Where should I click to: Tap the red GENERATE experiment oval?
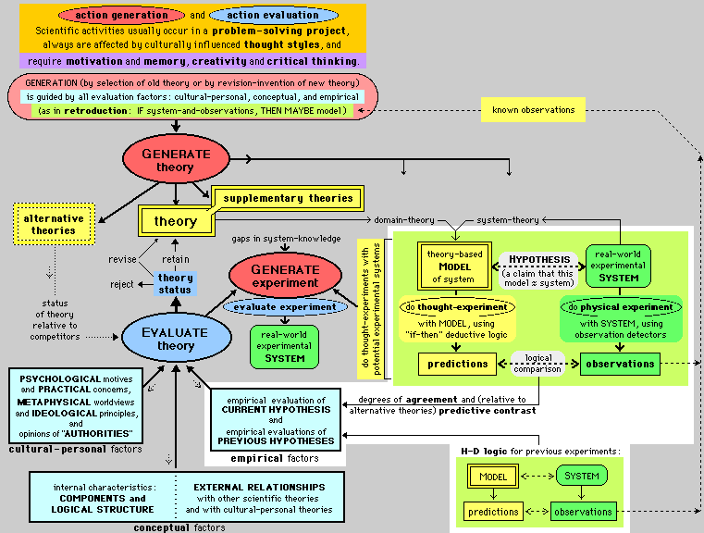click(285, 276)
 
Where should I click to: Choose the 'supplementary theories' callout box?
click(288, 197)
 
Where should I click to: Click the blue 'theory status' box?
click(175, 284)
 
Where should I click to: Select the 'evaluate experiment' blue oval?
click(285, 306)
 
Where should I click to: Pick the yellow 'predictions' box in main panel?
click(458, 364)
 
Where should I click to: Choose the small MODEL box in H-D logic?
click(488, 477)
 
